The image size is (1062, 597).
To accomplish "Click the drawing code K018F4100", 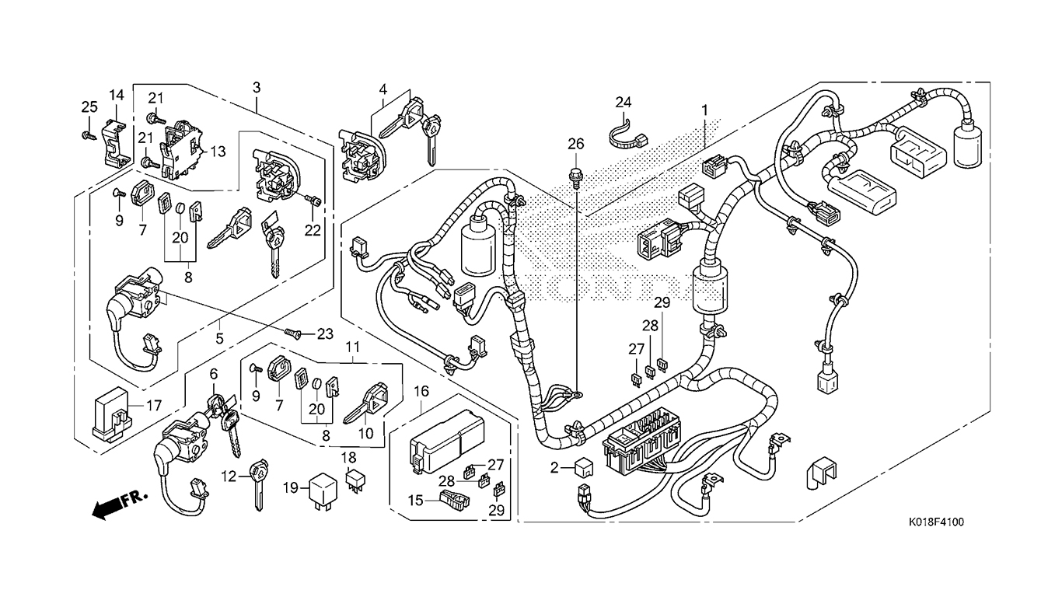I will coord(935,522).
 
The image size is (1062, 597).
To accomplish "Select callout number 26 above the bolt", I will coord(575,144).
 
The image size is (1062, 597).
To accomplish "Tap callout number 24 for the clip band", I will coord(624,103).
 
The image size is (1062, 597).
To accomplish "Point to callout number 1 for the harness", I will coord(705,111).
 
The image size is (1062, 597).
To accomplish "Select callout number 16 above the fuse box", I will coord(421,390).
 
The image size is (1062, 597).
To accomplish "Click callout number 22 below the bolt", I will coord(312,230).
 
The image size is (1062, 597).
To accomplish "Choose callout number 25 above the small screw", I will coord(89,106).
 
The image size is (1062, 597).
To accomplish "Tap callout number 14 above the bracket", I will coord(116,96).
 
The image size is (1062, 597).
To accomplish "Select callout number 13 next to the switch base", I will coord(218,152).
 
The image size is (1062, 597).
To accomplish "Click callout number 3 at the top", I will coord(256,88).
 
